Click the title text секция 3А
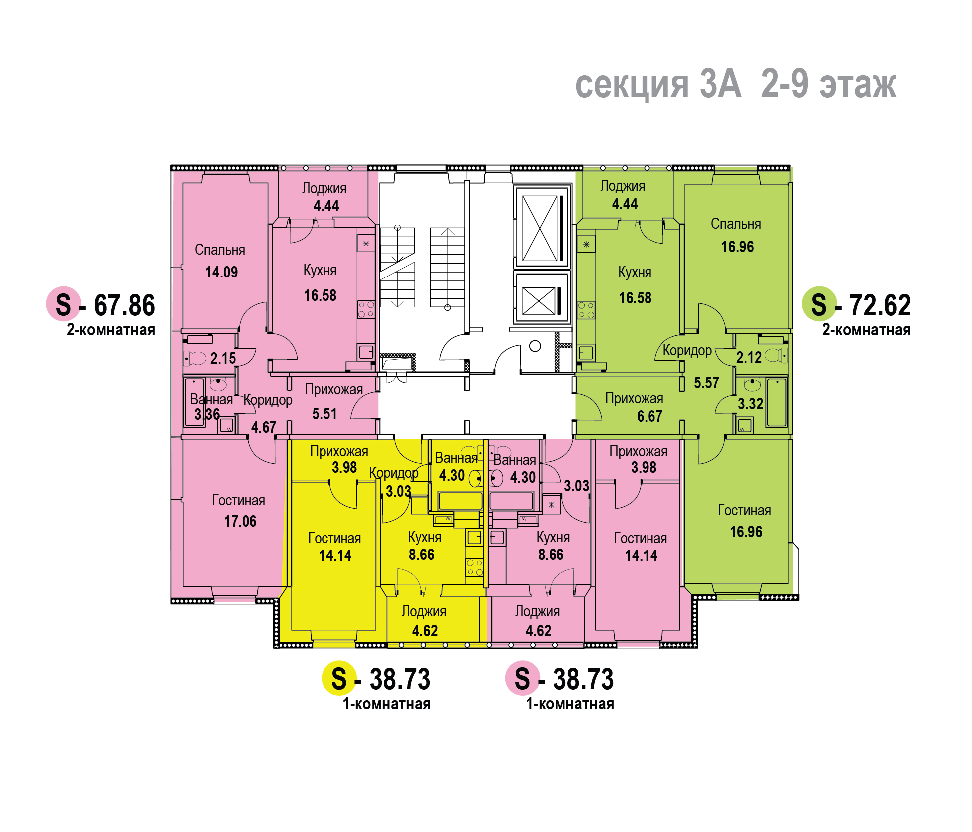658,84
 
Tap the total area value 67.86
124,305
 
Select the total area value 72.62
880,305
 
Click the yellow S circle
339,678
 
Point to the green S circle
819,304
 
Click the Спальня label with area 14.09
220,250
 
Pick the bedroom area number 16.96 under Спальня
737,247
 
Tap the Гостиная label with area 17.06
238,500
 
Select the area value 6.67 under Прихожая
649,416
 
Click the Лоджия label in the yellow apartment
424,611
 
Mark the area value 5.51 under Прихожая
324,414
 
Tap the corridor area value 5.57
706,383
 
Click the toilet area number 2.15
223,358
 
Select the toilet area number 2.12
749,357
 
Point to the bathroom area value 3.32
750,404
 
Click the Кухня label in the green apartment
635,273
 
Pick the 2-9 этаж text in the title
829,84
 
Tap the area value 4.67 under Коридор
263,427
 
